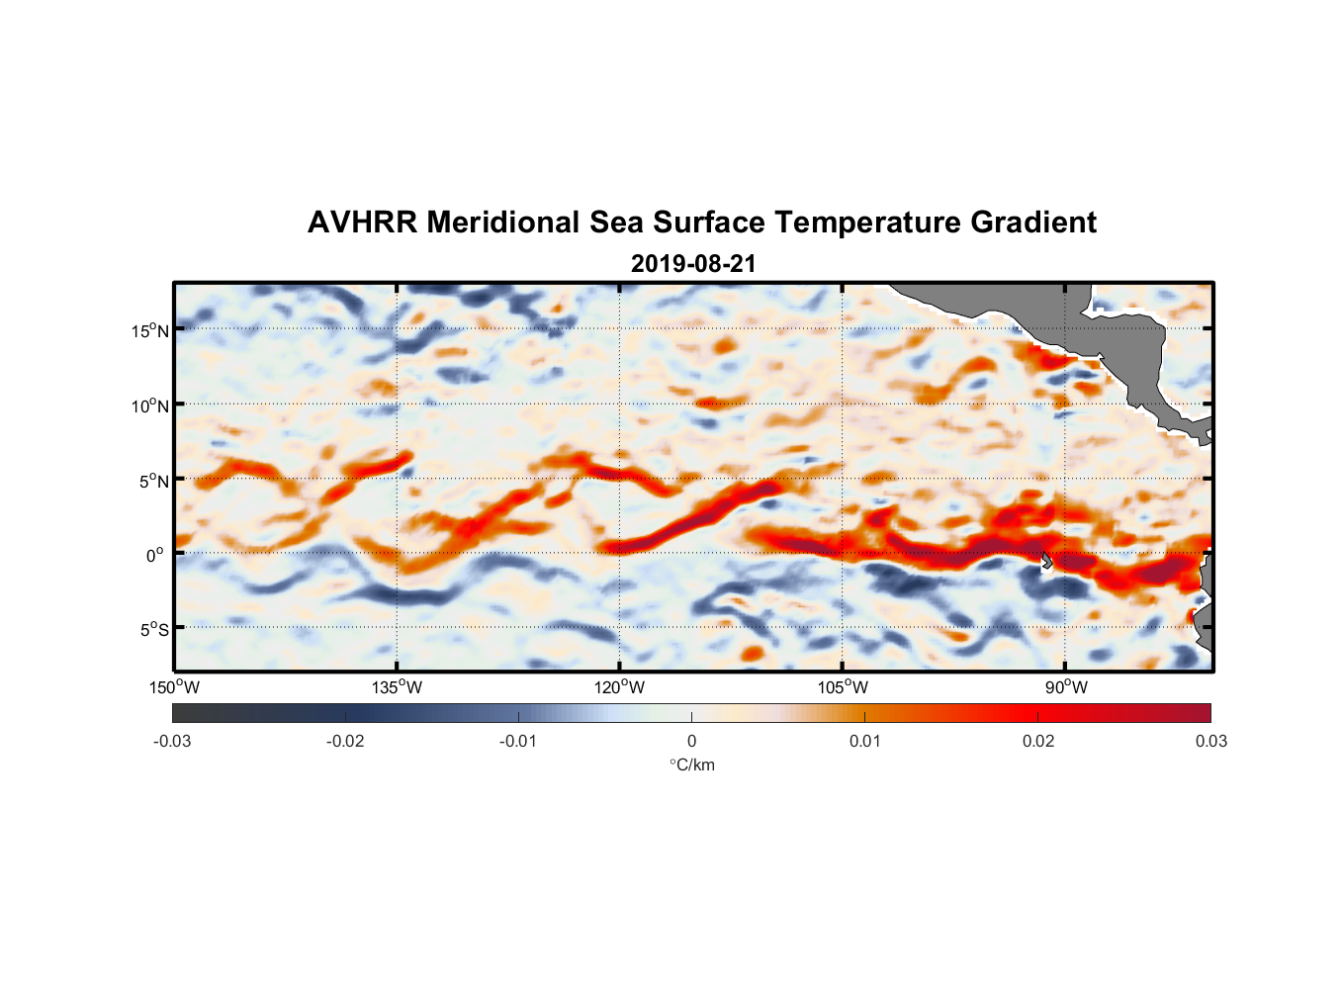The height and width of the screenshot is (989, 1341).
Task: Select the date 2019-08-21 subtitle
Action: (693, 264)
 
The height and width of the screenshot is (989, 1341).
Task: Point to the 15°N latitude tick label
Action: (150, 330)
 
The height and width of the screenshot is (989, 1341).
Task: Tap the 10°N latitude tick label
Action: (150, 405)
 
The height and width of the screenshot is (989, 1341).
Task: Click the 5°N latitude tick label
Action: (154, 481)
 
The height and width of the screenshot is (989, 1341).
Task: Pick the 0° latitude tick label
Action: (155, 555)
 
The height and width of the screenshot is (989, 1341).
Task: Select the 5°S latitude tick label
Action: (154, 629)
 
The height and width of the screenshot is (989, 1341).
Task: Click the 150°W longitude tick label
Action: (174, 687)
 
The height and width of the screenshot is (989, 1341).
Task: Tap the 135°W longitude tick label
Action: (397, 687)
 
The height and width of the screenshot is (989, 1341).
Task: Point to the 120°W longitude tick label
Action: (619, 687)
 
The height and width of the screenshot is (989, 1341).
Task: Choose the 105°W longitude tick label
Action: (843, 687)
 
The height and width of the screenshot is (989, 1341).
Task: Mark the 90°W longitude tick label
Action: (1065, 687)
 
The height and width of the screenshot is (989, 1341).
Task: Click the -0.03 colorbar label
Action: (172, 741)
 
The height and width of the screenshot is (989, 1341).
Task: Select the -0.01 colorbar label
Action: (518, 741)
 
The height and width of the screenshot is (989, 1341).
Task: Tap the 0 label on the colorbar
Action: (691, 741)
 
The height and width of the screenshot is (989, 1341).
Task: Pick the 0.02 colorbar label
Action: (1038, 741)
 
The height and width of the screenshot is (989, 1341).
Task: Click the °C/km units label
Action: (692, 764)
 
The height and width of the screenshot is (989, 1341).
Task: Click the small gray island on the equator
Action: (1046, 560)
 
